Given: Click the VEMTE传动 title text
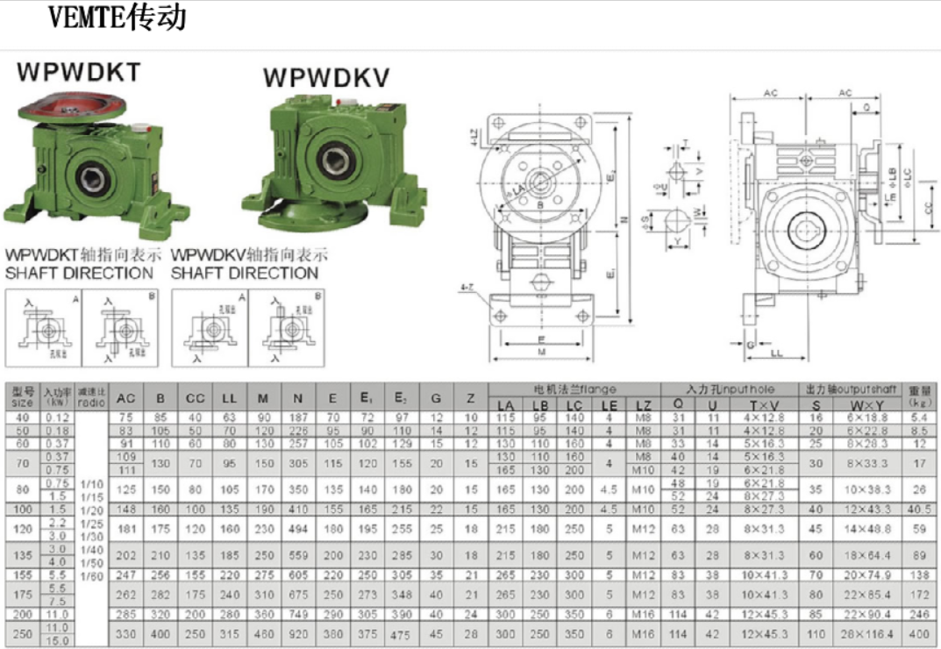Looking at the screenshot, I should click(x=117, y=18).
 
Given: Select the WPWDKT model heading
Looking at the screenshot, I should click(x=79, y=73).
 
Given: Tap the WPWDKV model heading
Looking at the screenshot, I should click(x=326, y=78).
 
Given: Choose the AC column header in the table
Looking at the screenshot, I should click(x=126, y=398).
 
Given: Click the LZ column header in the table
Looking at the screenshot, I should click(x=644, y=405).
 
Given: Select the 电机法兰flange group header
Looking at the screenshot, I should click(x=575, y=389).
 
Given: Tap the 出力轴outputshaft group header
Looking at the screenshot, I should click(x=849, y=389).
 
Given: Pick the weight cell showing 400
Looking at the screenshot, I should click(x=919, y=634).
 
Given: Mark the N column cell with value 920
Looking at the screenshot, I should click(x=298, y=634).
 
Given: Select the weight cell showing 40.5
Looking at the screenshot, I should click(x=919, y=510).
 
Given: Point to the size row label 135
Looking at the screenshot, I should click(x=22, y=555).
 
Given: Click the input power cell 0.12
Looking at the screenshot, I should click(x=57, y=418).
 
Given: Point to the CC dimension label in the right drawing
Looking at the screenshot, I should click(x=927, y=209).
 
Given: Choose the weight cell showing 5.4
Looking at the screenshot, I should click(x=919, y=418).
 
